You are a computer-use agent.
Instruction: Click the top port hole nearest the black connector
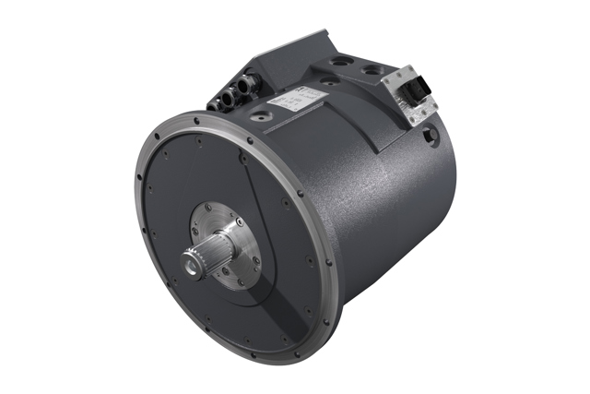[x=374, y=71]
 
